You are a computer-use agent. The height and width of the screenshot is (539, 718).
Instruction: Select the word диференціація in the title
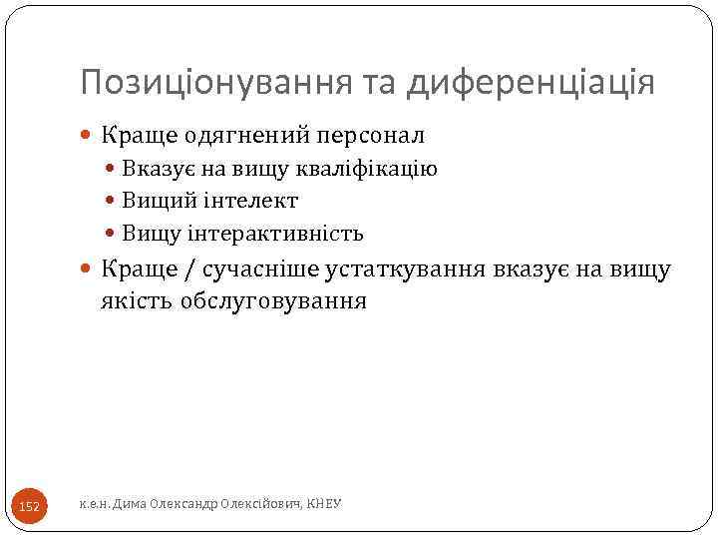532,83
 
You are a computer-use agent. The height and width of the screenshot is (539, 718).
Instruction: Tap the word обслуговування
273,300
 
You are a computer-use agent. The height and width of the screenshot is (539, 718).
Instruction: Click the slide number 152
30,507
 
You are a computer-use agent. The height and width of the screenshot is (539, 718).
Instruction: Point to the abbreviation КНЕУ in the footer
324,505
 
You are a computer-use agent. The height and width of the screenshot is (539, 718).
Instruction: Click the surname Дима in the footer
129,505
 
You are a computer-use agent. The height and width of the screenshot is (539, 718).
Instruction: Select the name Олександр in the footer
181,505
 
